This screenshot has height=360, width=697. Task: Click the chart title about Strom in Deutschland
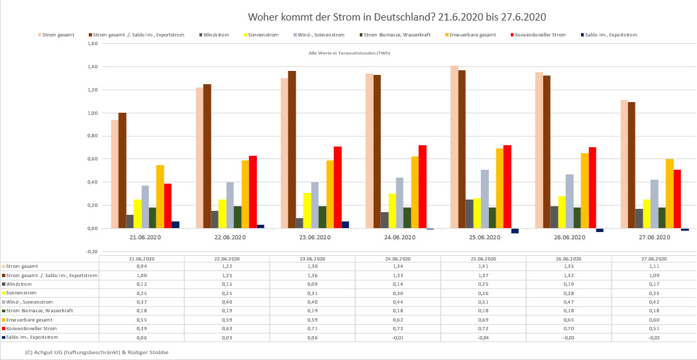[x=396, y=16]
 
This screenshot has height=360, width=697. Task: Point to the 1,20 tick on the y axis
[x=93, y=90]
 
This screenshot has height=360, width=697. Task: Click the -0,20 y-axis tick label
[x=92, y=252]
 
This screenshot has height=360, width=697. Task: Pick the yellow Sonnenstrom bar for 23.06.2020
[x=307, y=210]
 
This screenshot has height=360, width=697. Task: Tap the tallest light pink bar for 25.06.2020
[x=454, y=147]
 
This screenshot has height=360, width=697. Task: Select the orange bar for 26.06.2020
[x=585, y=190]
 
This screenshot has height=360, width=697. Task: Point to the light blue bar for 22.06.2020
[x=230, y=205]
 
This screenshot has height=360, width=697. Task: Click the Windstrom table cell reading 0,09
[x=312, y=284]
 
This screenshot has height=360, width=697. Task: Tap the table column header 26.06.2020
[x=568, y=258]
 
